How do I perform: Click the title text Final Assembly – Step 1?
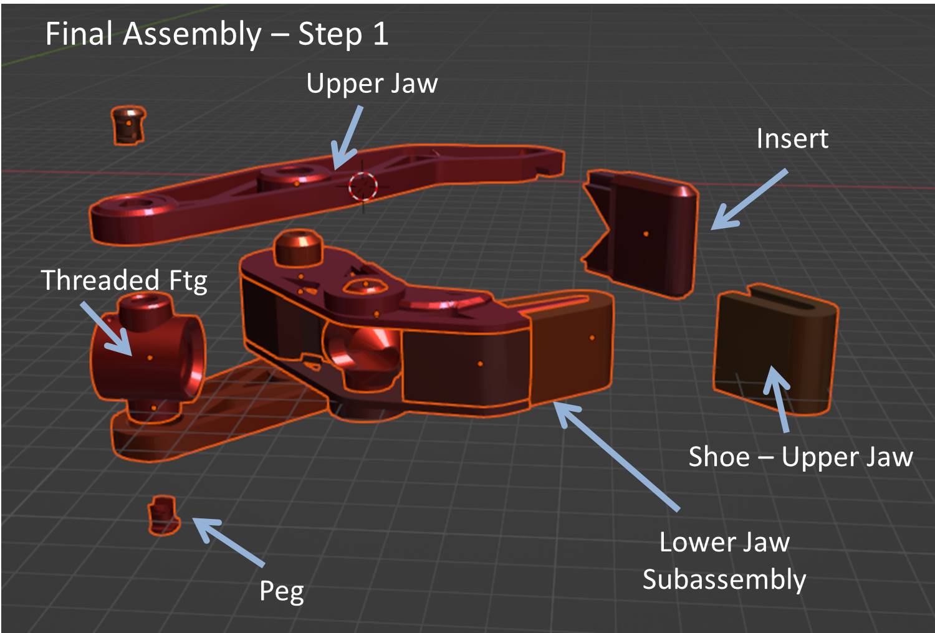pos(216,34)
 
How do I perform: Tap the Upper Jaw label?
pos(372,84)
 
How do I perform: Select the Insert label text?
pos(792,138)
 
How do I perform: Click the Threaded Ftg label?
pos(124,280)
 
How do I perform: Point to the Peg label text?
pos(281,591)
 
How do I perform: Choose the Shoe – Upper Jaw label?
pos(800,457)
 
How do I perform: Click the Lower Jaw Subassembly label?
pos(724,561)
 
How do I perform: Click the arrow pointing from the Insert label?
pos(748,199)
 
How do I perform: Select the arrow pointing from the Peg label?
pos(229,541)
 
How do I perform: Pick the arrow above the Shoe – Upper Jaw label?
pos(778,398)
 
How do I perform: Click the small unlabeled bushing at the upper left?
pos(128,125)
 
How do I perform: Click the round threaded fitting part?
pos(148,355)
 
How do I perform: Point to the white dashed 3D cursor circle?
pos(363,186)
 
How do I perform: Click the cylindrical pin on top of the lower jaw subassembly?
pos(298,247)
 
